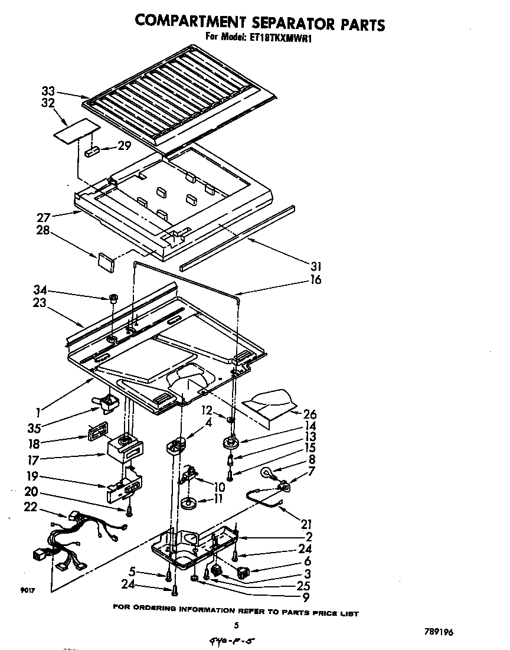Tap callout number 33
click(48, 92)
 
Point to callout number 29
click(124, 145)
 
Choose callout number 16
click(315, 280)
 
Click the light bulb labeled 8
click(269, 472)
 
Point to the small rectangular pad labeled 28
click(106, 261)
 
